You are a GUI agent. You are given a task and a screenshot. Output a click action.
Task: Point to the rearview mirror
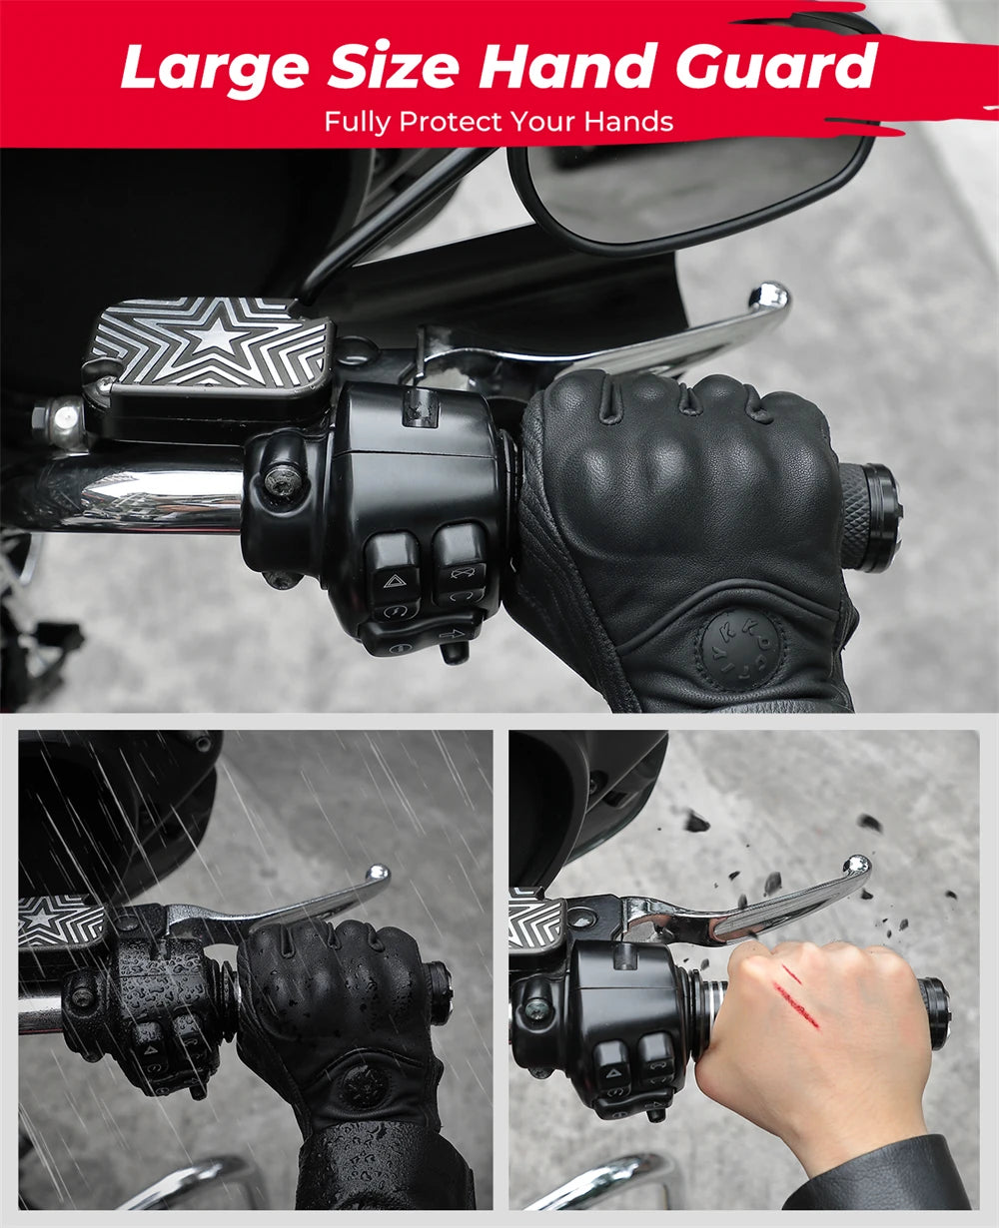689,190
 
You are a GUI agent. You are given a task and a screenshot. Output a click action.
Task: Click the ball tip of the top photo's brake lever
769,297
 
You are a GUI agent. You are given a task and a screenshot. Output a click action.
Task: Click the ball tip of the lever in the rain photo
377,875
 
